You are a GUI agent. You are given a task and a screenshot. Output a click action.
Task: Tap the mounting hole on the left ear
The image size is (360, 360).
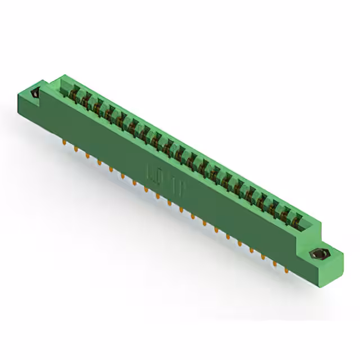click(x=35, y=94)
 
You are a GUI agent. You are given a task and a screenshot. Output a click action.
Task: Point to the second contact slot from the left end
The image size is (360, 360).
click(x=85, y=100)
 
